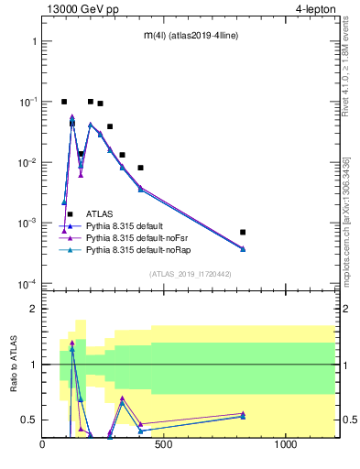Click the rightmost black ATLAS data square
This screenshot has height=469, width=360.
pos(319,233)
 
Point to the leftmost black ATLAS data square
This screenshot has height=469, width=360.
pos(64,102)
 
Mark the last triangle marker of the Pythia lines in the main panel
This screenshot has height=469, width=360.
pos(319,248)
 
